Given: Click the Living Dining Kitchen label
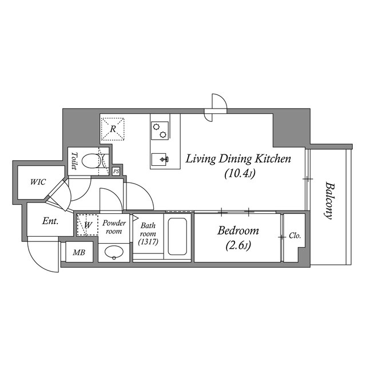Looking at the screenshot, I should [x=238, y=158].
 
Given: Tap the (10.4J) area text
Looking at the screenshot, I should [x=238, y=173].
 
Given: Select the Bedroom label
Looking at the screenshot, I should [x=238, y=231].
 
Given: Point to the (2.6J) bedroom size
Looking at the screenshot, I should [x=238, y=245].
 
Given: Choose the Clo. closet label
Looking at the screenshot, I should [x=295, y=236].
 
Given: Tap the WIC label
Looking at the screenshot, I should [x=38, y=182].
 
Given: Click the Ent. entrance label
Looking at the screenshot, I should [x=50, y=221].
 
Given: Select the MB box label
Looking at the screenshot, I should [x=78, y=252].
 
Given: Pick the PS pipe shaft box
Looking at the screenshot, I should [x=116, y=171].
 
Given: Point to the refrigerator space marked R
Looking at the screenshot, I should [x=113, y=129].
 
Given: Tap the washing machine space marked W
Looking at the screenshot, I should [x=87, y=225].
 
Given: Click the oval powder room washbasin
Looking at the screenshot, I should [x=114, y=252].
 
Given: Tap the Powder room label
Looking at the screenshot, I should [x=114, y=227].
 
